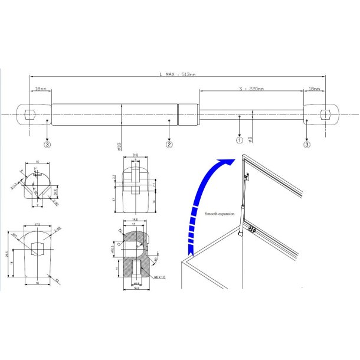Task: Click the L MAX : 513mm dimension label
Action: click(178, 74)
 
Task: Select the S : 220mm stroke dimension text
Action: click(251, 89)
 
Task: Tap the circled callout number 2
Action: click(169, 143)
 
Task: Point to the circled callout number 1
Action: click(239, 140)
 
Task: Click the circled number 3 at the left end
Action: click(47, 143)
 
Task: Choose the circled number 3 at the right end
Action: click(307, 143)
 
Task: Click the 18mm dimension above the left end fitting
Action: click(40, 89)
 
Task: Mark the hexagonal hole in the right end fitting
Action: click(323, 113)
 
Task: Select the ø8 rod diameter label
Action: click(251, 139)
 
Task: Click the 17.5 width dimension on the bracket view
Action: click(38, 224)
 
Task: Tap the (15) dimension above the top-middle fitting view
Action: click(135, 155)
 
